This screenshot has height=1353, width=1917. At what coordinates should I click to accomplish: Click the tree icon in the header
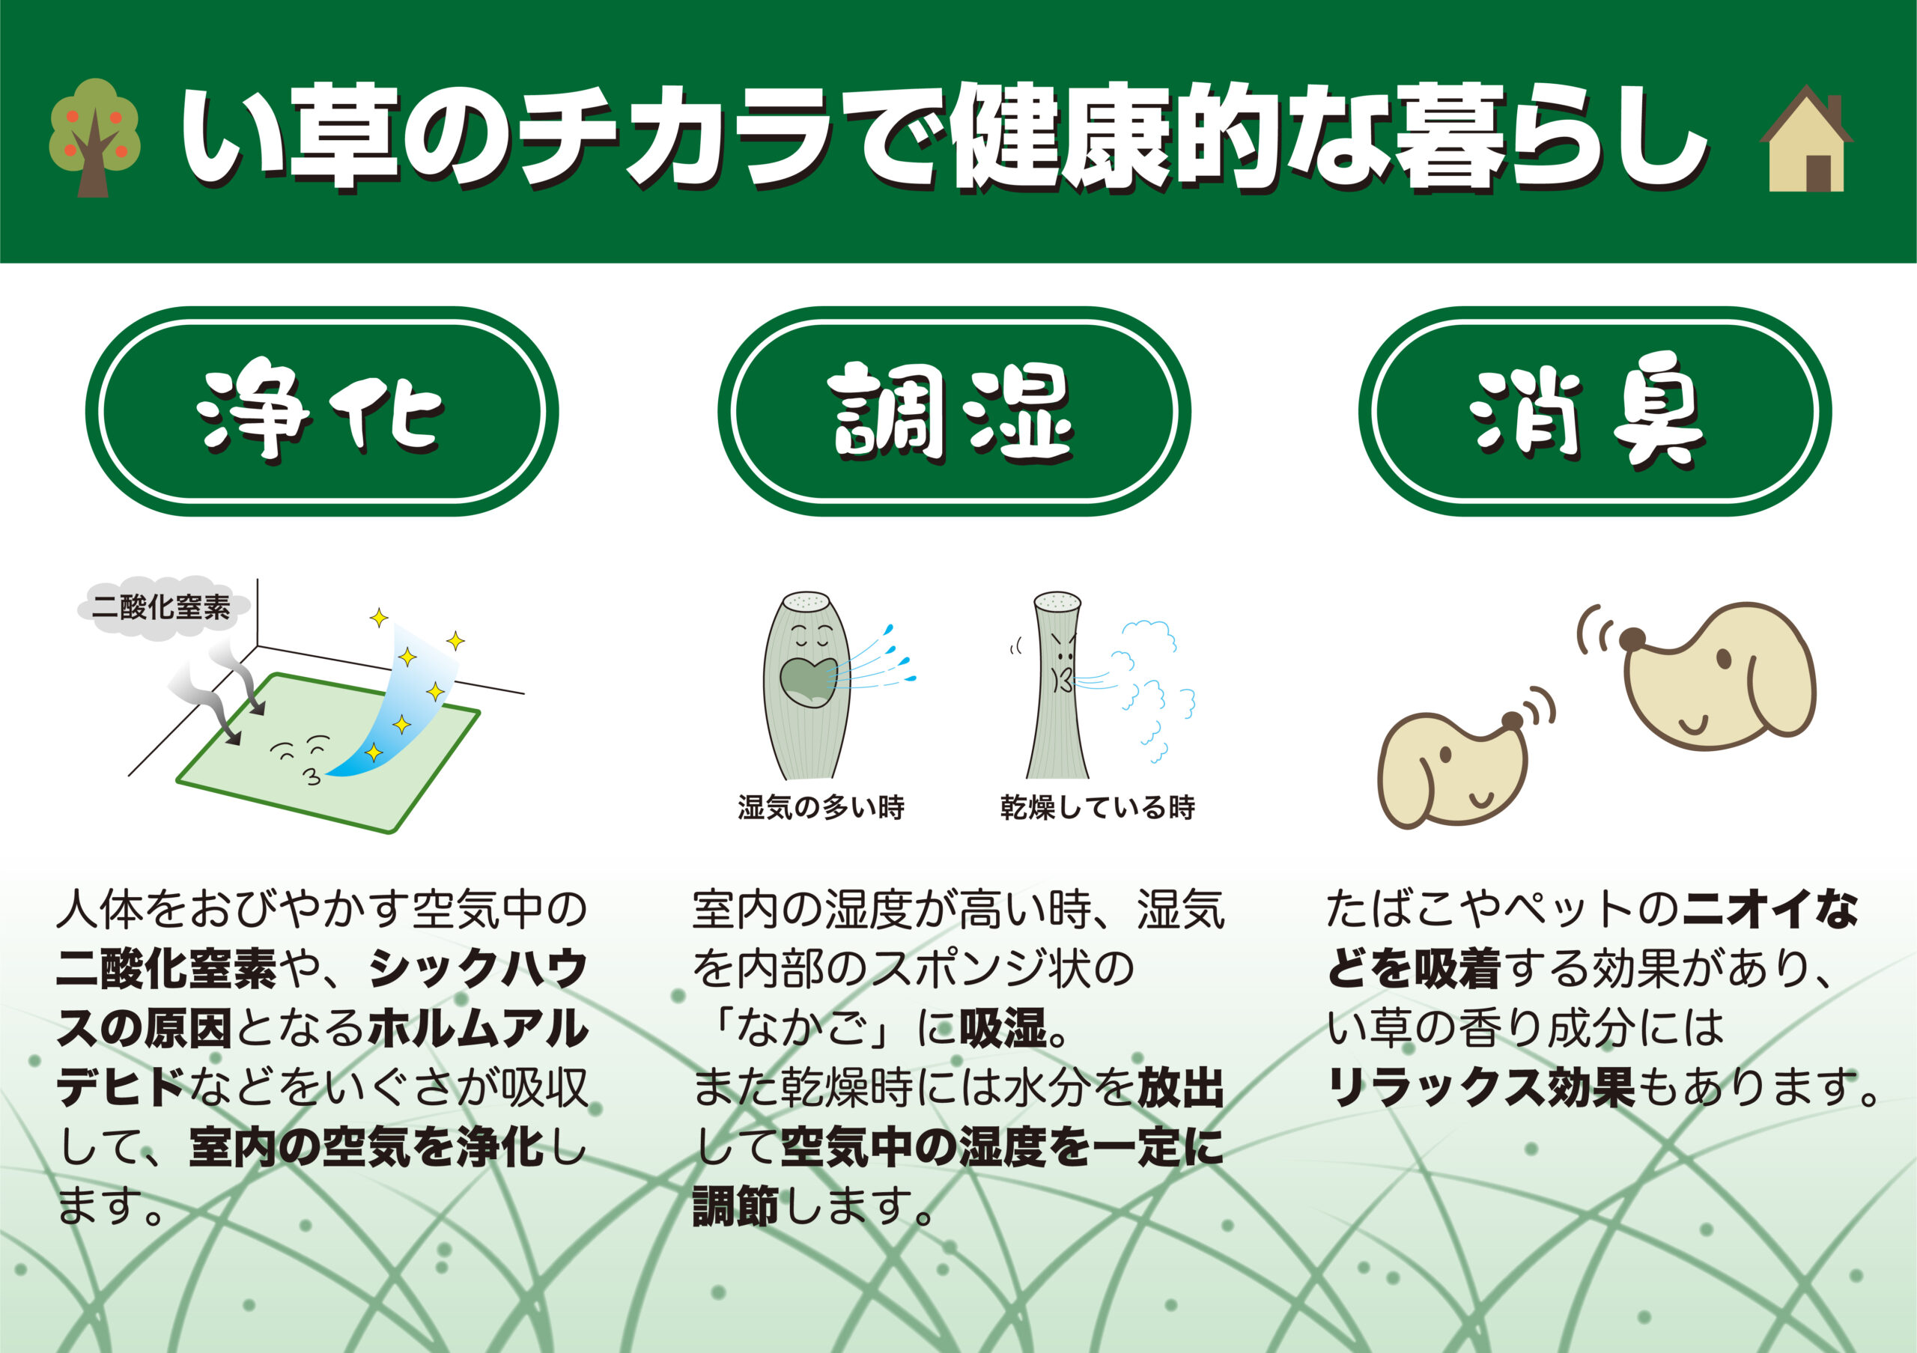pyautogui.click(x=94, y=138)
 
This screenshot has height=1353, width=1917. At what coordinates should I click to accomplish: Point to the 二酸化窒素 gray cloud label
pyautogui.click(x=161, y=606)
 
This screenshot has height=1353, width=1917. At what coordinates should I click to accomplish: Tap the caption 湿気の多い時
pyautogui.click(x=821, y=808)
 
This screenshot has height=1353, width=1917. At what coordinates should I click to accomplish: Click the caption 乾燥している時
pyautogui.click(x=1097, y=808)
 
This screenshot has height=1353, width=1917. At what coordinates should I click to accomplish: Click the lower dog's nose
pyautogui.click(x=1512, y=721)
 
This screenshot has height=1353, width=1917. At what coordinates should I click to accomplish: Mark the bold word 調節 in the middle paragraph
pyautogui.click(x=735, y=1206)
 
